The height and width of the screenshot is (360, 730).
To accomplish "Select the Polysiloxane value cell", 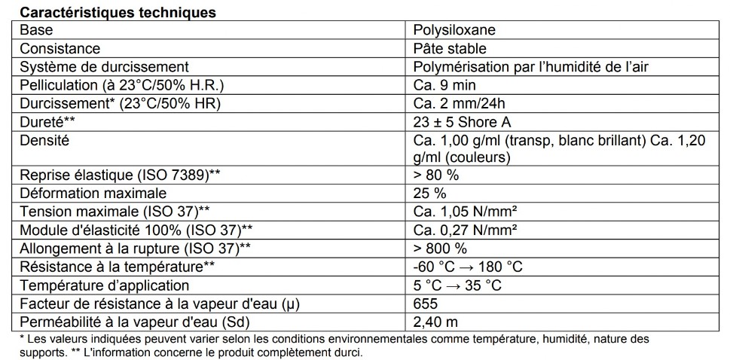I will pyautogui.click(x=454, y=31).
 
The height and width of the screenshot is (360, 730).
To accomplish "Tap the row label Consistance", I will pyautogui.click(x=60, y=49).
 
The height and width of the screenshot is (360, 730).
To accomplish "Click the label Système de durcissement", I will pyautogui.click(x=104, y=67).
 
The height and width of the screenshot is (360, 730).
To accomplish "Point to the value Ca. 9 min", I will pyautogui.click(x=444, y=85).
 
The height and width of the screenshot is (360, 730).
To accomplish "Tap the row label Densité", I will pyautogui.click(x=45, y=139).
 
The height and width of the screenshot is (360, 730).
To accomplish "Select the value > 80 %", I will pyautogui.click(x=436, y=175).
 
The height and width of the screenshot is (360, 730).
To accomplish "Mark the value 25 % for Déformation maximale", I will pyautogui.click(x=430, y=194).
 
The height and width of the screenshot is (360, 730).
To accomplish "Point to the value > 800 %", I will pyautogui.click(x=440, y=248).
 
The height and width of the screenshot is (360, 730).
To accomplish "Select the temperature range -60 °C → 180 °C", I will pyautogui.click(x=468, y=267).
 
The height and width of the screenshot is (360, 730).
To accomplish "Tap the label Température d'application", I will pyautogui.click(x=105, y=285).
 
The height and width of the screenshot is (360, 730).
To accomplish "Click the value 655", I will pyautogui.click(x=426, y=304).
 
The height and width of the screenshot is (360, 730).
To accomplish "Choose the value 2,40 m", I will pyautogui.click(x=435, y=322).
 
